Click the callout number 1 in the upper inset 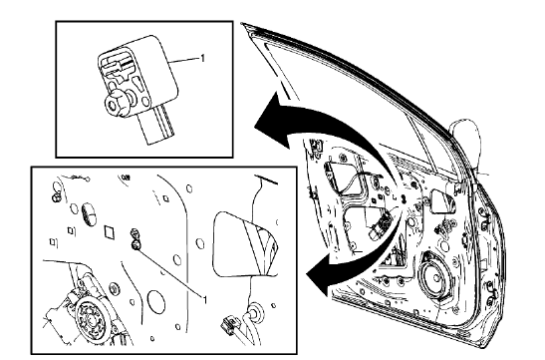point(204,60)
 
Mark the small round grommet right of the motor point(113,289)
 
